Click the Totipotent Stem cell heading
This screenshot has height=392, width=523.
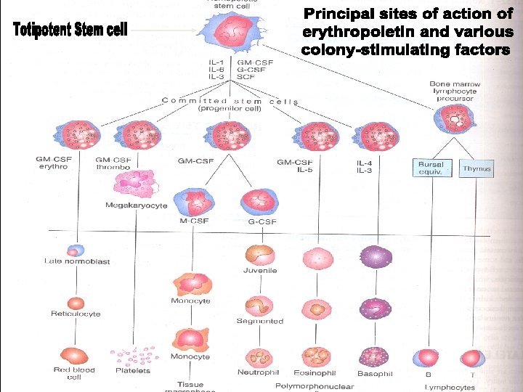[70, 30]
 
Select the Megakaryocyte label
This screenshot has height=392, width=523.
[137, 205]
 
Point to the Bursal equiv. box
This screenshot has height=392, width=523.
[431, 168]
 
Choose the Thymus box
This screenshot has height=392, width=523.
[477, 168]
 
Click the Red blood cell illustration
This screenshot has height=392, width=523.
[76, 356]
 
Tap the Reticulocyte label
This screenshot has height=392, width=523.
[76, 314]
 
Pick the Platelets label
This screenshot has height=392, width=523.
[133, 370]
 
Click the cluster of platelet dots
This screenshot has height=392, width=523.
[139, 355]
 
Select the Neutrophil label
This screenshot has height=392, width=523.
[258, 372]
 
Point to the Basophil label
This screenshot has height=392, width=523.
[375, 373]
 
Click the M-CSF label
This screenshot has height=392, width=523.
[190, 221]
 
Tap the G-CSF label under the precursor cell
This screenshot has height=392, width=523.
[261, 221]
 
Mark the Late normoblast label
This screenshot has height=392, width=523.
[77, 261]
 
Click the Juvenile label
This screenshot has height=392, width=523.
[259, 271]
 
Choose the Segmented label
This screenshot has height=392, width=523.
[259, 321]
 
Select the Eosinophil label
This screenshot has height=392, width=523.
[313, 372]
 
